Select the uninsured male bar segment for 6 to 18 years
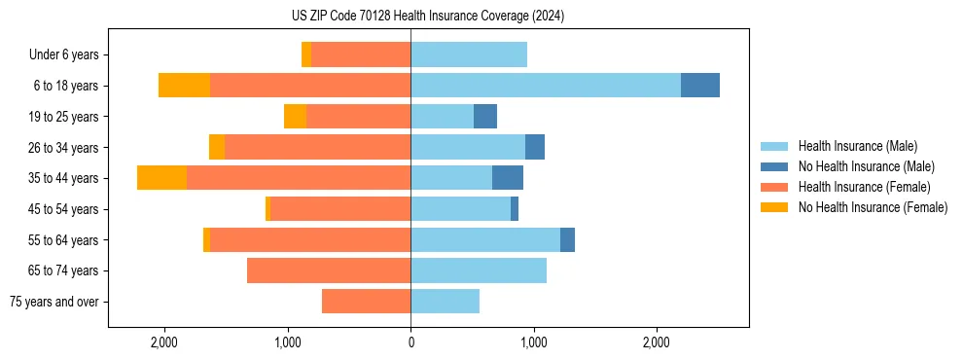point(700,86)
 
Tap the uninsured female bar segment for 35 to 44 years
point(161,178)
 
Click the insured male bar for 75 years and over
point(446,302)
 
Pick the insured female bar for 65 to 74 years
point(329,270)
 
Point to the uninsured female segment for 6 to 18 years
point(184,86)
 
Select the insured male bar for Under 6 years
point(469,54)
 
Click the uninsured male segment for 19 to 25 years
point(485,117)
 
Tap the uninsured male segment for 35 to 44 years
point(508,178)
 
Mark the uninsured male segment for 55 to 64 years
point(567,240)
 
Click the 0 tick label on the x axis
point(410,342)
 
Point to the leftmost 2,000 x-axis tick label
point(164,342)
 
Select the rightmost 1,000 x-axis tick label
point(533,342)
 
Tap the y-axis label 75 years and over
point(53,302)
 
